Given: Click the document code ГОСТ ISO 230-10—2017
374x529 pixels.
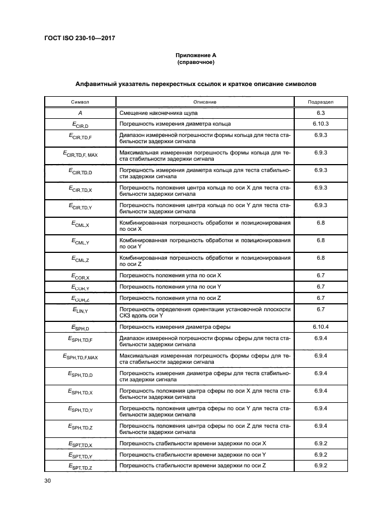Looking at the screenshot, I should point(75,38).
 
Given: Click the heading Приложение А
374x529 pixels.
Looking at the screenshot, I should point(196,55).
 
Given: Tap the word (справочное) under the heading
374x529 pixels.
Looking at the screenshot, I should point(196,62).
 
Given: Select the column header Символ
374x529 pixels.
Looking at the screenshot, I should point(80,102).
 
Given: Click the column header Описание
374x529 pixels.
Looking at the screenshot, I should point(204,102).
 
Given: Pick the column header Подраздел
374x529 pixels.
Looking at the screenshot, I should point(320,102).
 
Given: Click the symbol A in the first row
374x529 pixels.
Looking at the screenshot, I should point(80,113).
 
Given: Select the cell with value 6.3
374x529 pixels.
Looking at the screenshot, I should point(320,113).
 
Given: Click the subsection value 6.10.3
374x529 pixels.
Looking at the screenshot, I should point(320,123).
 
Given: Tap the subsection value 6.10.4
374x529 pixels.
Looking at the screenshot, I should point(320,326).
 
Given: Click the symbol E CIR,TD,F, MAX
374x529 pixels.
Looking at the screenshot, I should point(80,154).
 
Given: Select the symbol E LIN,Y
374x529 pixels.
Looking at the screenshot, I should point(80,311).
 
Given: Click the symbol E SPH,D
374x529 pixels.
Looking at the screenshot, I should point(80,327).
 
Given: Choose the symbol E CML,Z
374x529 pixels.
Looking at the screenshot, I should point(80,259).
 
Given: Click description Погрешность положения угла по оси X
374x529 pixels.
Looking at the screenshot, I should point(170,275).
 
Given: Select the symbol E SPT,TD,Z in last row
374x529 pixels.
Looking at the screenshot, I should point(80,466).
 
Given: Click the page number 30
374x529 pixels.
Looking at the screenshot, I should point(48,481).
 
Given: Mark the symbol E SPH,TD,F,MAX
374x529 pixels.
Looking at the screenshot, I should point(80,358).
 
